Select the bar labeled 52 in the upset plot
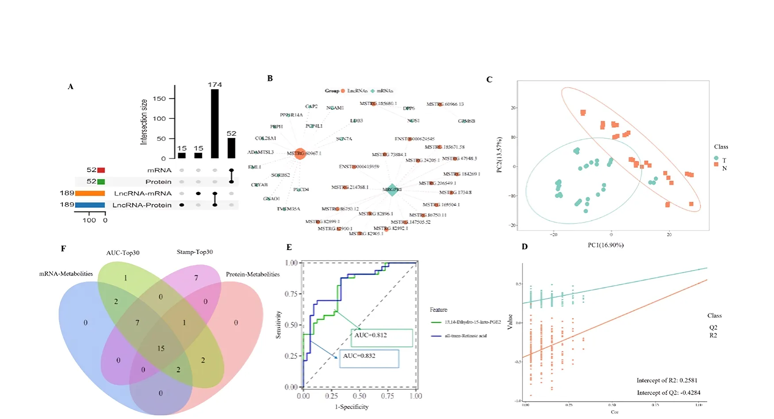[x=231, y=148]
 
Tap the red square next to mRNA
[x=101, y=170]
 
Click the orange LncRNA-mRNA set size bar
[x=90, y=193]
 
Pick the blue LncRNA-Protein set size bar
[x=90, y=205]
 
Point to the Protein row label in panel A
[x=158, y=182]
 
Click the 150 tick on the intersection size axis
[x=159, y=98]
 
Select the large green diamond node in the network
[x=392, y=189]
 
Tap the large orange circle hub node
[x=300, y=153]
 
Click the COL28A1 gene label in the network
[x=266, y=138]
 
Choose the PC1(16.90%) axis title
[x=606, y=245]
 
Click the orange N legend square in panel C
[x=716, y=164]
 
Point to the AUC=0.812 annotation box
[x=382, y=338]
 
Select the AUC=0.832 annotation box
[x=369, y=359]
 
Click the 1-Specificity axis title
[x=352, y=407]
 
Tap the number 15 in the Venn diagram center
[x=161, y=349]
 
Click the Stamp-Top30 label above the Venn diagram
[x=195, y=252]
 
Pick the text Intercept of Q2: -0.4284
[x=668, y=392]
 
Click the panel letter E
[x=289, y=247]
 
